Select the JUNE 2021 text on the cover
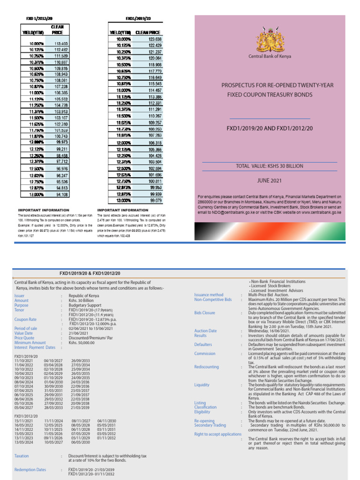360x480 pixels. point(270,180)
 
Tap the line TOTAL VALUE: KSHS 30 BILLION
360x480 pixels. point(270,166)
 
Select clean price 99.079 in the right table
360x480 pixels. point(142,200)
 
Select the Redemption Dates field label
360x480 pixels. point(30,469)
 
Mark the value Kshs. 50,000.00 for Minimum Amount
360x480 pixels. point(82,343)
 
